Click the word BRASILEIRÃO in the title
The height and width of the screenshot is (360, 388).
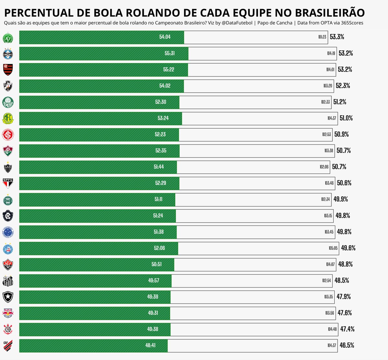[x=330, y=13]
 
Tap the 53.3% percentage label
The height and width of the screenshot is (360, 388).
[x=337, y=37]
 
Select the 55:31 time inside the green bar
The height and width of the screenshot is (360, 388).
[x=170, y=53]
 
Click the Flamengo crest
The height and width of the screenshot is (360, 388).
[x=8, y=69]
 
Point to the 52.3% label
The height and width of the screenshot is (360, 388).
[x=343, y=86]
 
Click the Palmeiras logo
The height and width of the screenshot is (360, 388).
[x=8, y=102]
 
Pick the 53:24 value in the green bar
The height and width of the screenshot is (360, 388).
[x=163, y=118]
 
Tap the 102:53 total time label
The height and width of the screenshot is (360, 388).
[x=327, y=134]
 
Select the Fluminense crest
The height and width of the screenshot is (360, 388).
[x=8, y=151]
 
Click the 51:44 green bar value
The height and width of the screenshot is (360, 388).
[x=159, y=167]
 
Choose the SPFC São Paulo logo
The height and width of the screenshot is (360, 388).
[x=8, y=183]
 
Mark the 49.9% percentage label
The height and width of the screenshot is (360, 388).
[x=341, y=199]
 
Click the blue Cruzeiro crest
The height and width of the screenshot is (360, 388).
[x=8, y=232]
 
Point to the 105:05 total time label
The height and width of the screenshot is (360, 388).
[x=333, y=248]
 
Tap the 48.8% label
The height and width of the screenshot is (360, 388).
[x=345, y=264]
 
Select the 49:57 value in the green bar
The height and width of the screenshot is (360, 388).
[x=154, y=281]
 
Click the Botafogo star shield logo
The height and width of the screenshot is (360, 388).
[x=8, y=297]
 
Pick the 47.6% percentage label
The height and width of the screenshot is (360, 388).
[x=345, y=313]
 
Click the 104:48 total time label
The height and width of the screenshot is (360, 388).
[x=332, y=329]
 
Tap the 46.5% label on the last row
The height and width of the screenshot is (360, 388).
[x=347, y=345]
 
